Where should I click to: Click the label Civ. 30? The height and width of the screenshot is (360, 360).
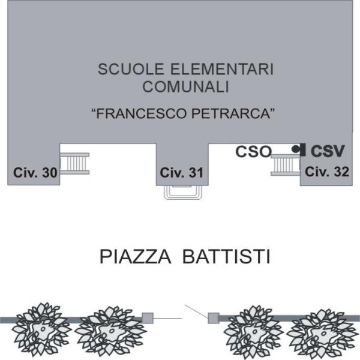[35, 172]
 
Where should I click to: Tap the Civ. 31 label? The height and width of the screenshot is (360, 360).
[182, 173]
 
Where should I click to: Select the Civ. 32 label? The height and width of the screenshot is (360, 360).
[327, 172]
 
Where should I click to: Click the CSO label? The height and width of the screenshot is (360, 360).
[254, 152]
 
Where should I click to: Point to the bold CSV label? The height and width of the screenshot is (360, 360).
[328, 151]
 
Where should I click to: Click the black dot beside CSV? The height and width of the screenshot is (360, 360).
[295, 149]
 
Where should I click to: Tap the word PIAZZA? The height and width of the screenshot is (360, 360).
[136, 257]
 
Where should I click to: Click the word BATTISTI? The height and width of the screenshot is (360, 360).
[226, 257]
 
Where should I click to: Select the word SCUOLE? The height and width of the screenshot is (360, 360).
[131, 69]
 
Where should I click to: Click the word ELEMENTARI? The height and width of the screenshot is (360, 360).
[222, 69]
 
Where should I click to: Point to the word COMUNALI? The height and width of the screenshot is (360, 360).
[186, 87]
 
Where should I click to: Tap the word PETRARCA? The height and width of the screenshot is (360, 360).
[232, 113]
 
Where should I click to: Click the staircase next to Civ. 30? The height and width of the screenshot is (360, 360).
[74, 163]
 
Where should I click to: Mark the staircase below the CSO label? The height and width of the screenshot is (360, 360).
[286, 165]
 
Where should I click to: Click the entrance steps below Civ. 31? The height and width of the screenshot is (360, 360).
[183, 192]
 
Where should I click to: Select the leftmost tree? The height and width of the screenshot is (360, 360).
[41, 329]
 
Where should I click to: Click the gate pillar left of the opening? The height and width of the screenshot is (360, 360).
[148, 318]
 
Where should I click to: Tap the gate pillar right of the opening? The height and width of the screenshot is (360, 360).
[214, 318]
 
